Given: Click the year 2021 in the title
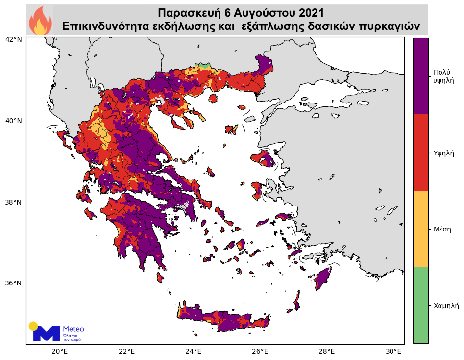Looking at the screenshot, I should [x=308, y=12].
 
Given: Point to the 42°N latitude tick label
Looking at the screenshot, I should [x=14, y=39].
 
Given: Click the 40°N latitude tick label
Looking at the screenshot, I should [x=14, y=121].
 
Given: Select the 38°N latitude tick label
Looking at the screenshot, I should [x=14, y=202].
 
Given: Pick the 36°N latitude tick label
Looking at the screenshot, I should [x=14, y=283].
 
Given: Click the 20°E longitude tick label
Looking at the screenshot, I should [x=59, y=351].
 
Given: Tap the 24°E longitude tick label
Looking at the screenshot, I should [x=194, y=351].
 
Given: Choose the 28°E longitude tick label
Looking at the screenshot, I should [x=327, y=351].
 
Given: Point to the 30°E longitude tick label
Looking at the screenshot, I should [x=394, y=351].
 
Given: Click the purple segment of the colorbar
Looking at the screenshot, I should [x=420, y=76].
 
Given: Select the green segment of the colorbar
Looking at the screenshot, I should [x=420, y=305].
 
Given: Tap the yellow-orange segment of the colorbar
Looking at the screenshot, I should [x=420, y=229].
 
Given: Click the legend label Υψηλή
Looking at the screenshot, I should [x=444, y=153].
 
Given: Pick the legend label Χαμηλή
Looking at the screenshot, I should [x=446, y=305].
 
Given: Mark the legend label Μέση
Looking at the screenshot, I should [x=442, y=229].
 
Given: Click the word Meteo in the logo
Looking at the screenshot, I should [x=73, y=329].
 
